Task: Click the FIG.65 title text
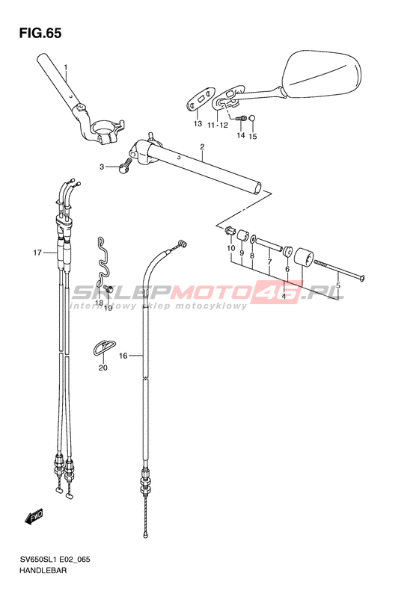point(40,33)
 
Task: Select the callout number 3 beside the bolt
point(102,167)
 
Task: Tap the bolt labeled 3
point(124,166)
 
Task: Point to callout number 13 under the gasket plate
point(198,123)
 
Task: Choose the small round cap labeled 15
point(253,119)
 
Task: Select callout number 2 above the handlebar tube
point(202,146)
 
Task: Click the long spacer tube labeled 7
point(269,245)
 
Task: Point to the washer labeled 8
point(254,238)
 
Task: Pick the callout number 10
point(231,248)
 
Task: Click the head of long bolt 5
point(360,279)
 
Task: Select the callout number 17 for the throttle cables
point(37,253)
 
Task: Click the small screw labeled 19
point(108,289)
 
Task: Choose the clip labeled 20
point(104,347)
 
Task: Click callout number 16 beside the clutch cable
point(123,356)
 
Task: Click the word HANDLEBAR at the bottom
point(43,570)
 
